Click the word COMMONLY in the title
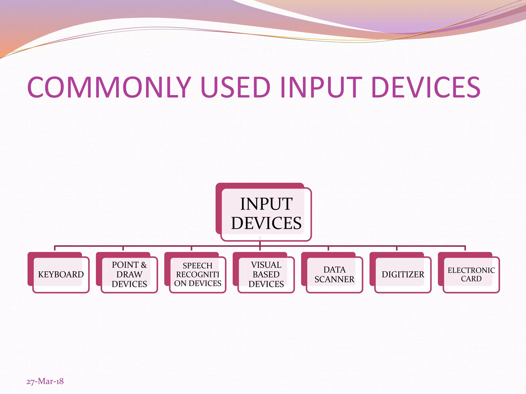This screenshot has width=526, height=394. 109,87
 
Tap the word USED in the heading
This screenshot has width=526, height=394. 235,87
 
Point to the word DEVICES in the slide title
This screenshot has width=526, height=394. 426,87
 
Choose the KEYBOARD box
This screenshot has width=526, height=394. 61,274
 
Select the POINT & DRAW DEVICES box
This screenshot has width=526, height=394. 129,274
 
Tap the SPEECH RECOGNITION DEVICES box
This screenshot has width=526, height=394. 198,274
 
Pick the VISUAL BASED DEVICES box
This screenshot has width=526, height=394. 266,274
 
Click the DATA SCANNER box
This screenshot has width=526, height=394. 334,274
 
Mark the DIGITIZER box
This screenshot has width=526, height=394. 403,274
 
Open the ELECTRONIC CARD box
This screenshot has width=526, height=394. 471,274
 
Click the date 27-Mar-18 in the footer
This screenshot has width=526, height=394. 45,381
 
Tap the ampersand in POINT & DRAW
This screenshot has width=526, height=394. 144,265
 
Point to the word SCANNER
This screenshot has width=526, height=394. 334,279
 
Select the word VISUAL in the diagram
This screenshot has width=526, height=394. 266,265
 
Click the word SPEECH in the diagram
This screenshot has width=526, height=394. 198,266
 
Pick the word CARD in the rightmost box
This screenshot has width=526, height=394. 471,279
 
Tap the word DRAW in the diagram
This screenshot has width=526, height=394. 129,274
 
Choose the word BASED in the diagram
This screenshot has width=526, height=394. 266,274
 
